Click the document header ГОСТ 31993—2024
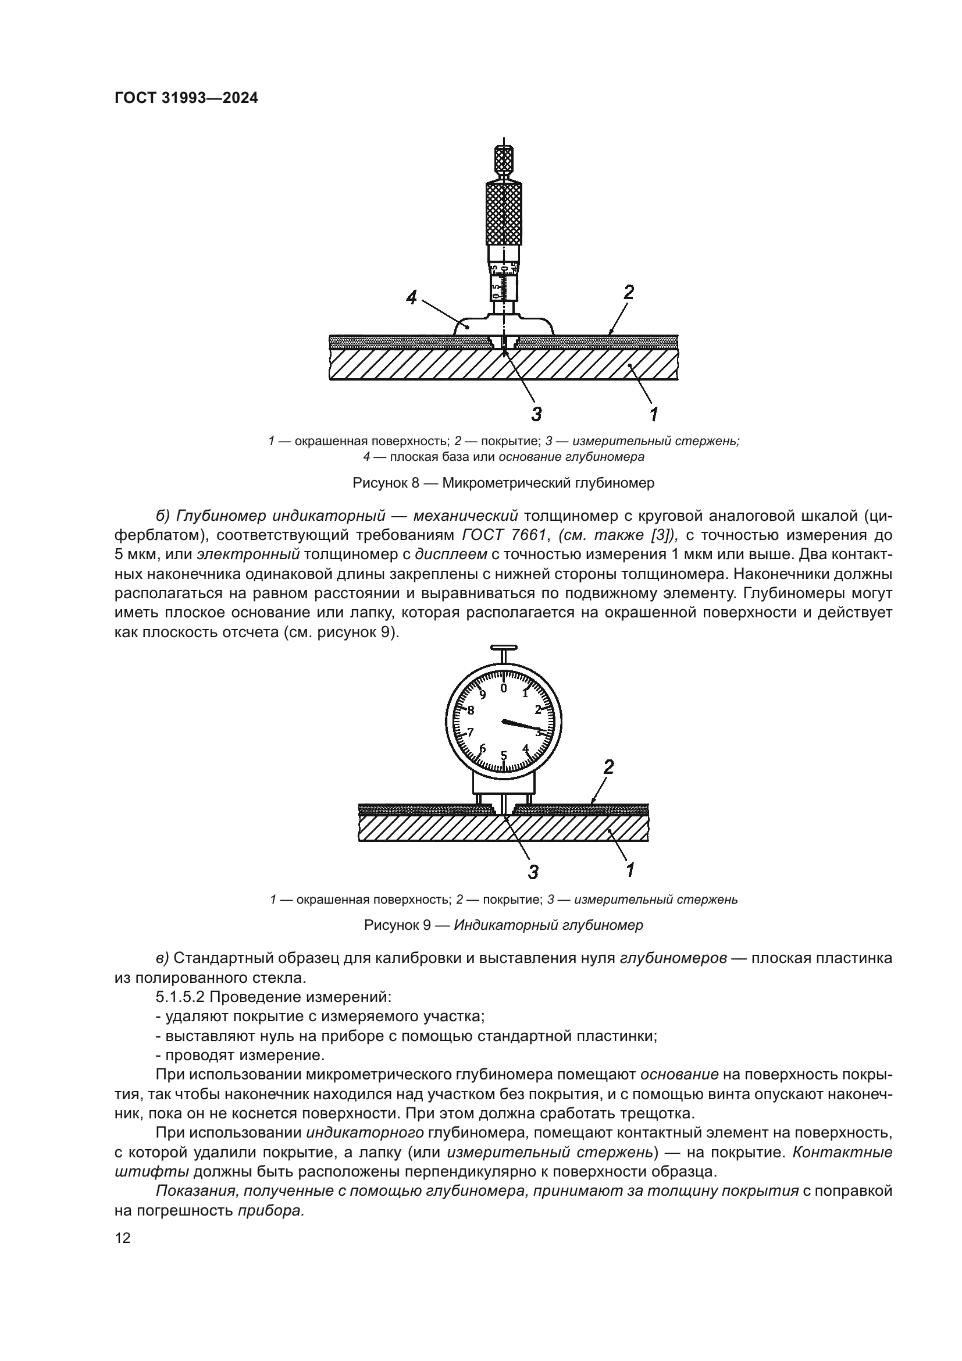186,98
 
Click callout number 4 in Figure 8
412,297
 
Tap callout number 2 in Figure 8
629,292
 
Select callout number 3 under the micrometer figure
536,413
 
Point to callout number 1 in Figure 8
653,414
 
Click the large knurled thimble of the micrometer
504,214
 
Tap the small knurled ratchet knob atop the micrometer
504,158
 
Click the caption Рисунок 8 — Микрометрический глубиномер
504,483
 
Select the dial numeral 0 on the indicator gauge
504,688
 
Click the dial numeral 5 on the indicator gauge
504,755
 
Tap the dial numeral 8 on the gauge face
471,710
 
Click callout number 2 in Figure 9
608,767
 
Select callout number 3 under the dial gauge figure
533,872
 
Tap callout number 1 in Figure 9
630,869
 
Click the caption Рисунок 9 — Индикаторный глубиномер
504,925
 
